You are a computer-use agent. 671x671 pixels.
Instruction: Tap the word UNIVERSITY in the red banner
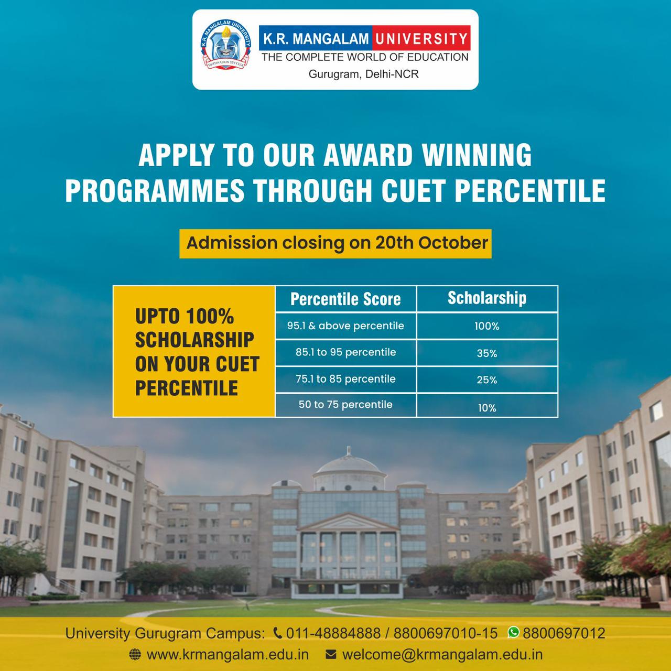click(421, 38)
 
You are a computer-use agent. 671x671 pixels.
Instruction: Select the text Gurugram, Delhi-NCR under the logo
click(363, 74)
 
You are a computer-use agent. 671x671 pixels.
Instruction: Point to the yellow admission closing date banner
click(335, 243)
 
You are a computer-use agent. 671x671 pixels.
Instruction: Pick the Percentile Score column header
click(345, 299)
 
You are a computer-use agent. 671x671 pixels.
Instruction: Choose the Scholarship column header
click(487, 298)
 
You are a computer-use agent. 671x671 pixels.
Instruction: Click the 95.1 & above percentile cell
click(345, 326)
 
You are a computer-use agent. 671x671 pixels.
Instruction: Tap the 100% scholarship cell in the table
click(487, 326)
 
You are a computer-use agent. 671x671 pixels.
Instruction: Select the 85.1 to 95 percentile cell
click(345, 352)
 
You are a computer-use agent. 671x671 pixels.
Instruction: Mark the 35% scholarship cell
click(487, 353)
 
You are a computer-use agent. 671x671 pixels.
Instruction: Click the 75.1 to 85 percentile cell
click(345, 378)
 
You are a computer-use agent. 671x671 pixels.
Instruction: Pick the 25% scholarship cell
click(487, 380)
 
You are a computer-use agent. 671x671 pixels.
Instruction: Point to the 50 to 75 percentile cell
click(345, 405)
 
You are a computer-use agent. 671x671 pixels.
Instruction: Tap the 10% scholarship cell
click(487, 408)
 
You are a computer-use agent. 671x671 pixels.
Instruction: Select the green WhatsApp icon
click(513, 633)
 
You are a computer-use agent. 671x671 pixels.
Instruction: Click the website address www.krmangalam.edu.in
click(228, 655)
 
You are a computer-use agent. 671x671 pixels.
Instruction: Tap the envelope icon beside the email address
click(331, 655)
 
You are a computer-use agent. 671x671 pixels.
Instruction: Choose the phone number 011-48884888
click(333, 633)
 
